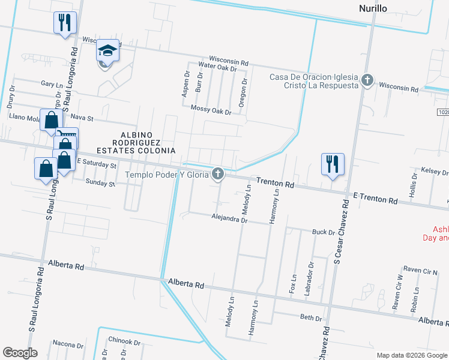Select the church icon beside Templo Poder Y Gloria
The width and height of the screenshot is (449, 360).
(x=218, y=174)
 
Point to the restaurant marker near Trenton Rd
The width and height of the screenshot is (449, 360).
(x=333, y=163)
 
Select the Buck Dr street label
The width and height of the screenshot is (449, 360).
(x=323, y=232)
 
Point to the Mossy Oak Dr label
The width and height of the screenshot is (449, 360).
(x=211, y=109)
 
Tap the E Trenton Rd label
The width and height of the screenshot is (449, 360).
(x=375, y=199)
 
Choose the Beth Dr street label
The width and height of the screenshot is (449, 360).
(x=311, y=317)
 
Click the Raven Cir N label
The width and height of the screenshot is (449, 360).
(x=421, y=271)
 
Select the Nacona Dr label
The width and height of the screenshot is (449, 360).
(x=67, y=344)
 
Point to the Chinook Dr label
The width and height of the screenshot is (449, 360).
(x=125, y=341)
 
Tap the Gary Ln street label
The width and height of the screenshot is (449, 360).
(x=52, y=85)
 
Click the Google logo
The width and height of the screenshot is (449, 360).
(x=20, y=353)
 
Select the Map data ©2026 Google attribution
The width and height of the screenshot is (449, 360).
(x=412, y=355)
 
